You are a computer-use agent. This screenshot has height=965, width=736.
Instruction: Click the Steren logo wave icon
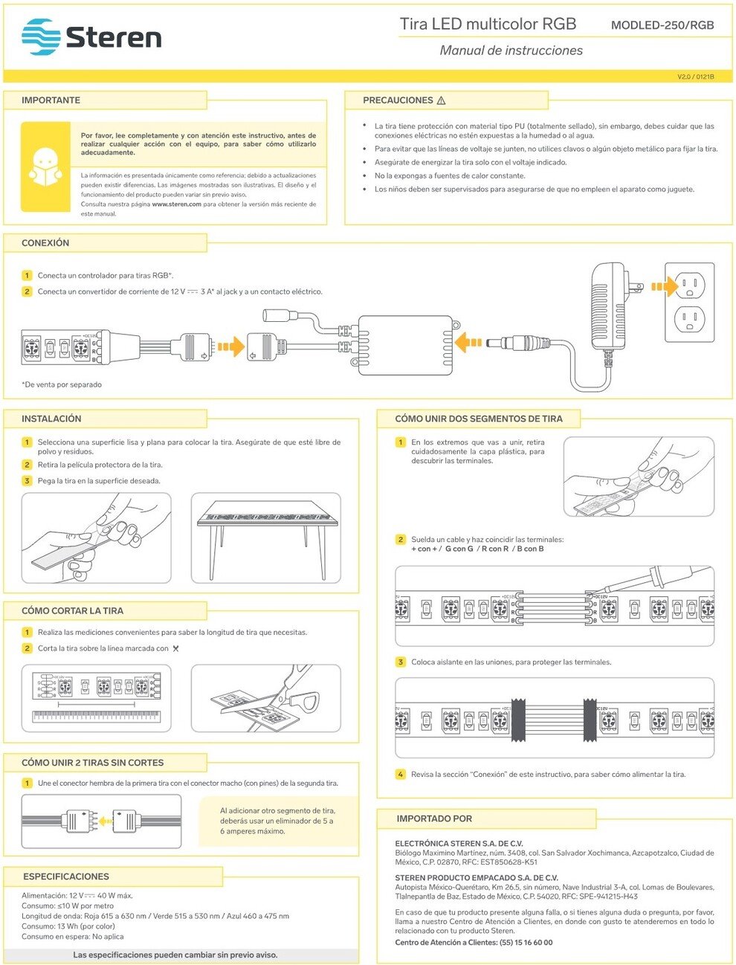click(41, 37)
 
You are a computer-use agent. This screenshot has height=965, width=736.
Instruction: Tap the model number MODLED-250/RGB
click(662, 25)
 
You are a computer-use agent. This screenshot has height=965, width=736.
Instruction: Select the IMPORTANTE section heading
click(51, 100)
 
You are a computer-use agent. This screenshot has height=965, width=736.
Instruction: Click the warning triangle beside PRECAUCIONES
click(441, 100)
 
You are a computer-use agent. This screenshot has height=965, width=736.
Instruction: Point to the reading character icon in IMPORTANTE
click(45, 167)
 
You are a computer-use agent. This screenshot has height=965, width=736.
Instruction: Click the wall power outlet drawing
click(689, 301)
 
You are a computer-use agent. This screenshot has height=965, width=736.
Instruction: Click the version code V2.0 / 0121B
click(695, 77)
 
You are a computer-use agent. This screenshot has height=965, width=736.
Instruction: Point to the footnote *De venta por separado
click(62, 384)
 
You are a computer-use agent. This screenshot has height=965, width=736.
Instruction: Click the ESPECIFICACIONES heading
click(66, 877)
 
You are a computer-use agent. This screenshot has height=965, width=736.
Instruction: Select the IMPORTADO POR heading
click(434, 819)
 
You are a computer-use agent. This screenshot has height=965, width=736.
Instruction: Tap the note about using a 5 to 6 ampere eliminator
click(277, 821)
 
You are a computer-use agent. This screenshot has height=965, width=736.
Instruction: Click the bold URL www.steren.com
click(176, 204)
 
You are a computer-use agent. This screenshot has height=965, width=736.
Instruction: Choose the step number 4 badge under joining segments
click(400, 775)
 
